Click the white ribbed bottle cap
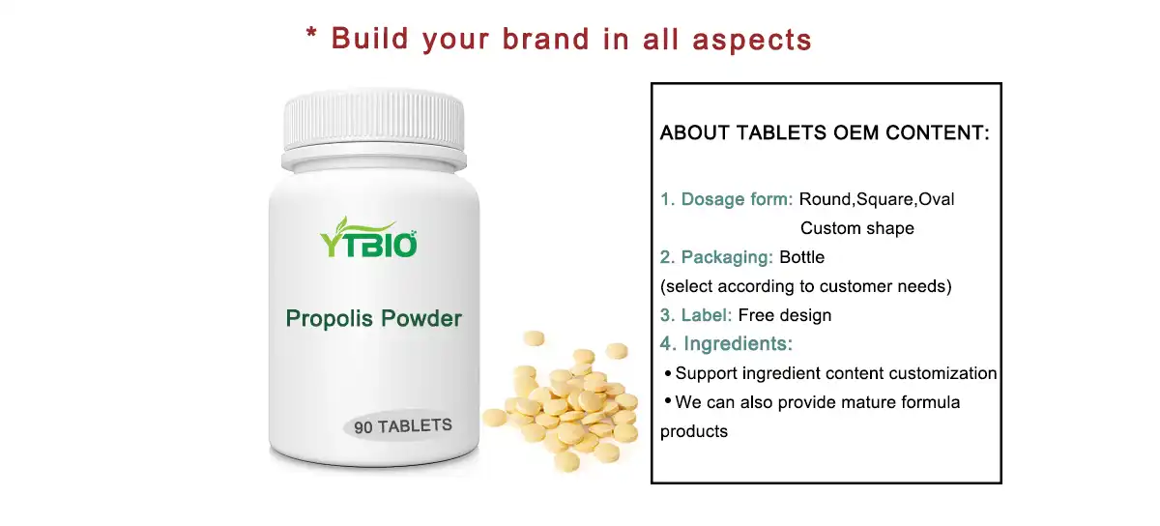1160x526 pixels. (x=373, y=127)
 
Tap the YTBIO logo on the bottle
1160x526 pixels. (x=368, y=242)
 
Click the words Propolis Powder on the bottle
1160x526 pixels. (x=373, y=318)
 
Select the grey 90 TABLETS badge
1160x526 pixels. (x=402, y=425)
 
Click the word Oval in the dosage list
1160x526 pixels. (x=936, y=199)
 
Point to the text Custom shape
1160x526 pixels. (x=856, y=229)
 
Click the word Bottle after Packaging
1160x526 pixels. (x=801, y=257)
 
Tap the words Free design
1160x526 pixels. (x=785, y=315)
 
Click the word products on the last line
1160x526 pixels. (x=694, y=431)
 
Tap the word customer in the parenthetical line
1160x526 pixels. (x=853, y=286)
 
